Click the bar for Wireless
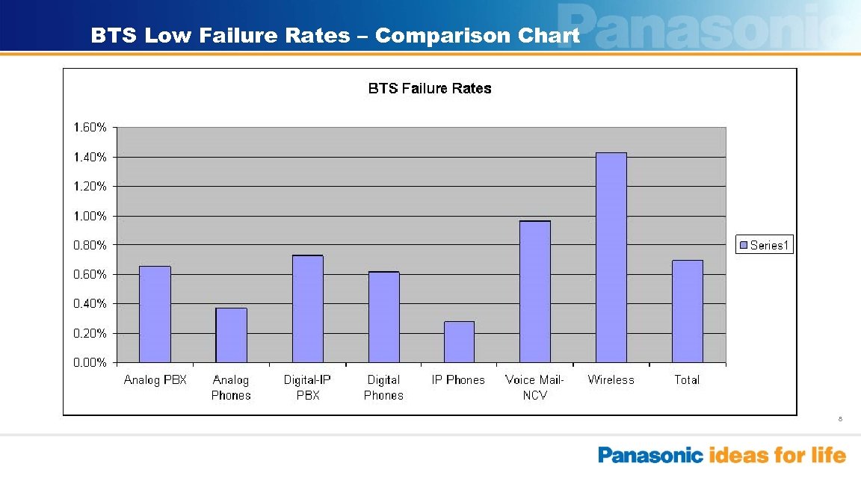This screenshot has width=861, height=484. (611, 258)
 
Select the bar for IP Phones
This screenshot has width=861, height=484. (459, 342)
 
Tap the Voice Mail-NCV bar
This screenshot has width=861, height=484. (535, 292)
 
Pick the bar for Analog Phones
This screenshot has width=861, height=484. (231, 335)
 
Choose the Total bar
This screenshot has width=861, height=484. (687, 311)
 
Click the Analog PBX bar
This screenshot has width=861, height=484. (155, 314)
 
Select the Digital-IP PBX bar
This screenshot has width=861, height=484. (307, 309)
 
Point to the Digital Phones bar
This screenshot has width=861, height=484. (383, 317)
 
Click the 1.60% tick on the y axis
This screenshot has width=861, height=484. (90, 128)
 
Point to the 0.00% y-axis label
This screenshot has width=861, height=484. (90, 363)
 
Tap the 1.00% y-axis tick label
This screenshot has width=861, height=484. (90, 216)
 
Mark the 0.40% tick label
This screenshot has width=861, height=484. (90, 304)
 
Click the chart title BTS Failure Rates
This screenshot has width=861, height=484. (430, 89)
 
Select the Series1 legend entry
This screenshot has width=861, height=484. (764, 245)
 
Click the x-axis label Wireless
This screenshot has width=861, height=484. (611, 380)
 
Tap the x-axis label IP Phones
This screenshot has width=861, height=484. (458, 380)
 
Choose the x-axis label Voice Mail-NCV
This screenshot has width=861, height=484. (534, 388)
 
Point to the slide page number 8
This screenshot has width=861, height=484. (840, 419)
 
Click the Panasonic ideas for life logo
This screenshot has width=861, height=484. (721, 455)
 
